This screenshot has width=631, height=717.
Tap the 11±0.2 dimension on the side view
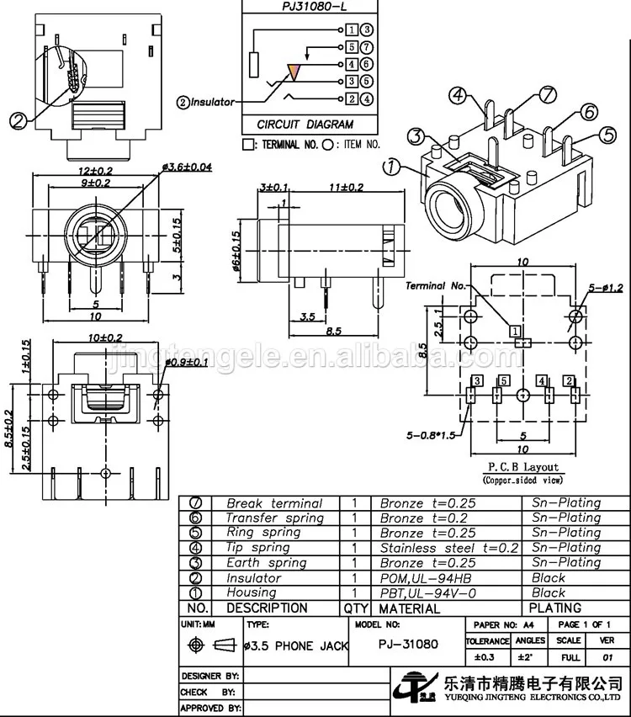[x=347, y=187]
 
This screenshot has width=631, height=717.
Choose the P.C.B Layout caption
[x=523, y=467]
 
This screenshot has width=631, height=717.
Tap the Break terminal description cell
[x=273, y=503]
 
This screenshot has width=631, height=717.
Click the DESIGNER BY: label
[x=210, y=676]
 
